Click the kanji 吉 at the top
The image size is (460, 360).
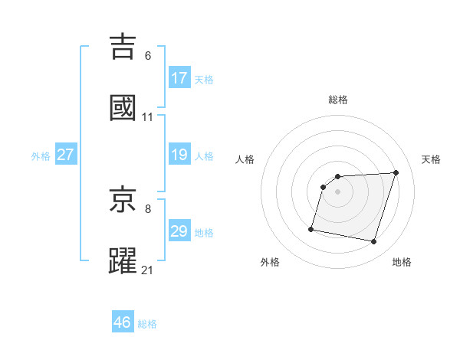123,47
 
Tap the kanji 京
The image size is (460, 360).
123,201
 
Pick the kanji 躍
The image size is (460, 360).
123,261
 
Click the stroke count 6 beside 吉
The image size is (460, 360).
148,56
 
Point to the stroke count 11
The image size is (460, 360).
148,116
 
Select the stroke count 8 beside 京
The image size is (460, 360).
148,208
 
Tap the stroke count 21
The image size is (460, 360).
148,270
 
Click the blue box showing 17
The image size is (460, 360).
179,78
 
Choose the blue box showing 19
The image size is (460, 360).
179,155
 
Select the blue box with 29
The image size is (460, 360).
179,231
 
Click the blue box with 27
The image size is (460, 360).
66,155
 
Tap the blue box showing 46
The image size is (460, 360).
123,322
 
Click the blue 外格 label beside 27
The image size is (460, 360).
41,156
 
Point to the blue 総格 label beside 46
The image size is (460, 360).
147,324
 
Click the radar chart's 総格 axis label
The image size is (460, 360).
338,100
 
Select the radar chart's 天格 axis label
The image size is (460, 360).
432,159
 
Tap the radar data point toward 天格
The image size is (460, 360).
396,173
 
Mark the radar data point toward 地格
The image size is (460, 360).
373,242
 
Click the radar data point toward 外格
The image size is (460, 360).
311,229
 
